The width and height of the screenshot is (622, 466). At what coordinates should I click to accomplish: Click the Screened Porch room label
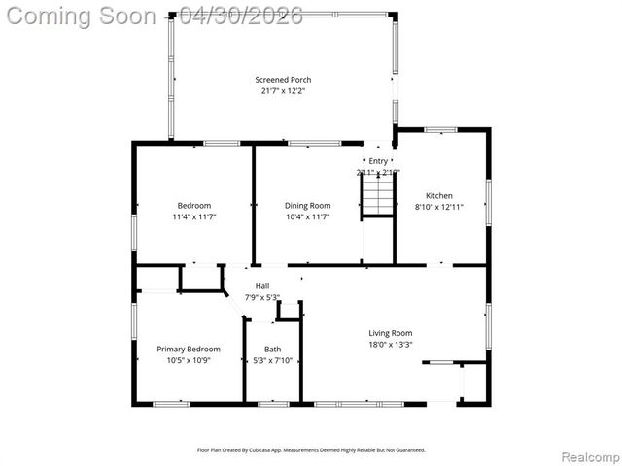(283, 80)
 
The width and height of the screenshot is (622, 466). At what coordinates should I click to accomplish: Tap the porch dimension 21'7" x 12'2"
(283, 91)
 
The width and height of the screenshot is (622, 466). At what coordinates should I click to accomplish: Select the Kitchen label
(439, 195)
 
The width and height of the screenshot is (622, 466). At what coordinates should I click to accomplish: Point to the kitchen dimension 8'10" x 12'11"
(439, 207)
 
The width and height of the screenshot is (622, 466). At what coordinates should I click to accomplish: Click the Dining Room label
(307, 205)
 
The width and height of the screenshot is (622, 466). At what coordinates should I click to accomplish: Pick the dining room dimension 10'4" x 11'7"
(307, 216)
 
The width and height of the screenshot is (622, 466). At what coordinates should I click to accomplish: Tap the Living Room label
(390, 332)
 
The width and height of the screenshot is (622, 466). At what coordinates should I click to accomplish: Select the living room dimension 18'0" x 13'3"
(390, 344)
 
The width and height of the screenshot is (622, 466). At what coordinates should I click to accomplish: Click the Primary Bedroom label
(189, 349)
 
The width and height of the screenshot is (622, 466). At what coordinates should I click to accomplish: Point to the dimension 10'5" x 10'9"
(189, 360)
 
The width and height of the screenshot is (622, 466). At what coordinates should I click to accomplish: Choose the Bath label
(272, 349)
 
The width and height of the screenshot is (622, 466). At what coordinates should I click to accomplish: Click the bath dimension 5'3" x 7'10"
(272, 360)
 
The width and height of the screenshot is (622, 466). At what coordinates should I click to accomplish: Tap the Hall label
(262, 285)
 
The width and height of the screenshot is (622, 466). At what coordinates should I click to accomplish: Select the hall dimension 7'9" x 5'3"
(262, 297)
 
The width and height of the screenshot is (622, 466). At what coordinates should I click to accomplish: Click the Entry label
(378, 161)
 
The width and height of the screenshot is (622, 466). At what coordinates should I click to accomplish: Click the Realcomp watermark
(587, 455)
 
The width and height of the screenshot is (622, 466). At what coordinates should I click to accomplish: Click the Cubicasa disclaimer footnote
(311, 449)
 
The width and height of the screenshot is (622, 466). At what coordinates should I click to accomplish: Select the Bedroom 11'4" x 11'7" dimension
(194, 216)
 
